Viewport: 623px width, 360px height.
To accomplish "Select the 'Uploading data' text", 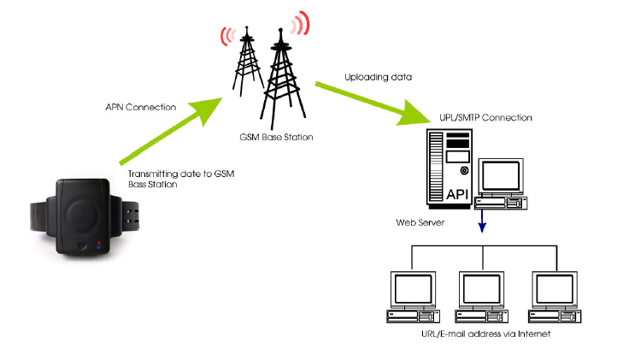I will click(x=378, y=77).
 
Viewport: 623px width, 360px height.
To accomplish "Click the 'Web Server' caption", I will click(x=418, y=221).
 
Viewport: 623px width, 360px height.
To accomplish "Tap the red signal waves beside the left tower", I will click(x=226, y=35).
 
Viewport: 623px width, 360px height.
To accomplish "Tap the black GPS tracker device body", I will click(x=82, y=215).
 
